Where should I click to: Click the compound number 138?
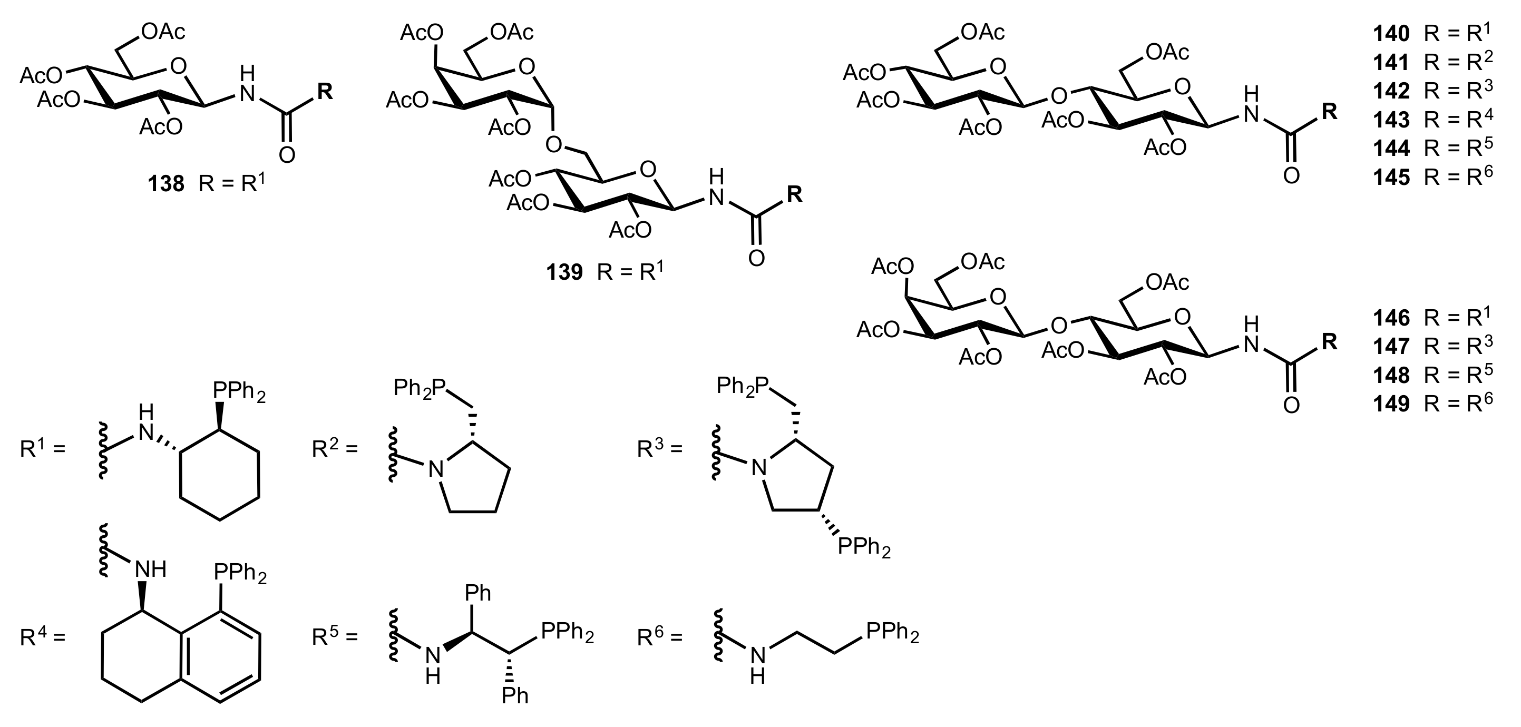(x=166, y=184)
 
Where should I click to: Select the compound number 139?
(x=564, y=272)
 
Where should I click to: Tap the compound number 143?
(x=1391, y=120)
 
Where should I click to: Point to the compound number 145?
(x=1391, y=177)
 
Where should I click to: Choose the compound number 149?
(x=1391, y=404)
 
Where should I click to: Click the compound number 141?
(x=1391, y=63)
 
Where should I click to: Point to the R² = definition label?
(x=335, y=450)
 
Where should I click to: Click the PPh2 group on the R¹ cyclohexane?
(x=239, y=391)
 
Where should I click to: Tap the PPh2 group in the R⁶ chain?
(x=892, y=633)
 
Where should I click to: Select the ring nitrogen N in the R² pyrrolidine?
(x=435, y=469)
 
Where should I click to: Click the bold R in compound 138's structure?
(x=325, y=92)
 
